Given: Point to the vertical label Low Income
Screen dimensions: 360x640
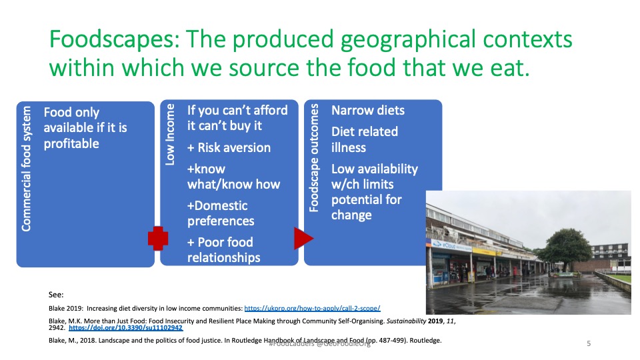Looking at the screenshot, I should [x=170, y=134].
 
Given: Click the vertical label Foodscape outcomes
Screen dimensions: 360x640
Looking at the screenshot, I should [x=315, y=158].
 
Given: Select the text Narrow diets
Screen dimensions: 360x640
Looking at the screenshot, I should [x=368, y=111].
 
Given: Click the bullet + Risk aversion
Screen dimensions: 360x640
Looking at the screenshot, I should [x=229, y=147].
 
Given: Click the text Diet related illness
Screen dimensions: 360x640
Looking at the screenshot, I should [x=364, y=139].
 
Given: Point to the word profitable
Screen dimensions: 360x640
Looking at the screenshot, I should [x=71, y=143].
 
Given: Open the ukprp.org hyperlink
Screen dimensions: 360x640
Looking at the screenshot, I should [x=312, y=308].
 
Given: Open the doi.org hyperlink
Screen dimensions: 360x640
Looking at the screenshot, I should [x=125, y=328].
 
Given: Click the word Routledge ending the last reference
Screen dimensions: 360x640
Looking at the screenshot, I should [x=423, y=341].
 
